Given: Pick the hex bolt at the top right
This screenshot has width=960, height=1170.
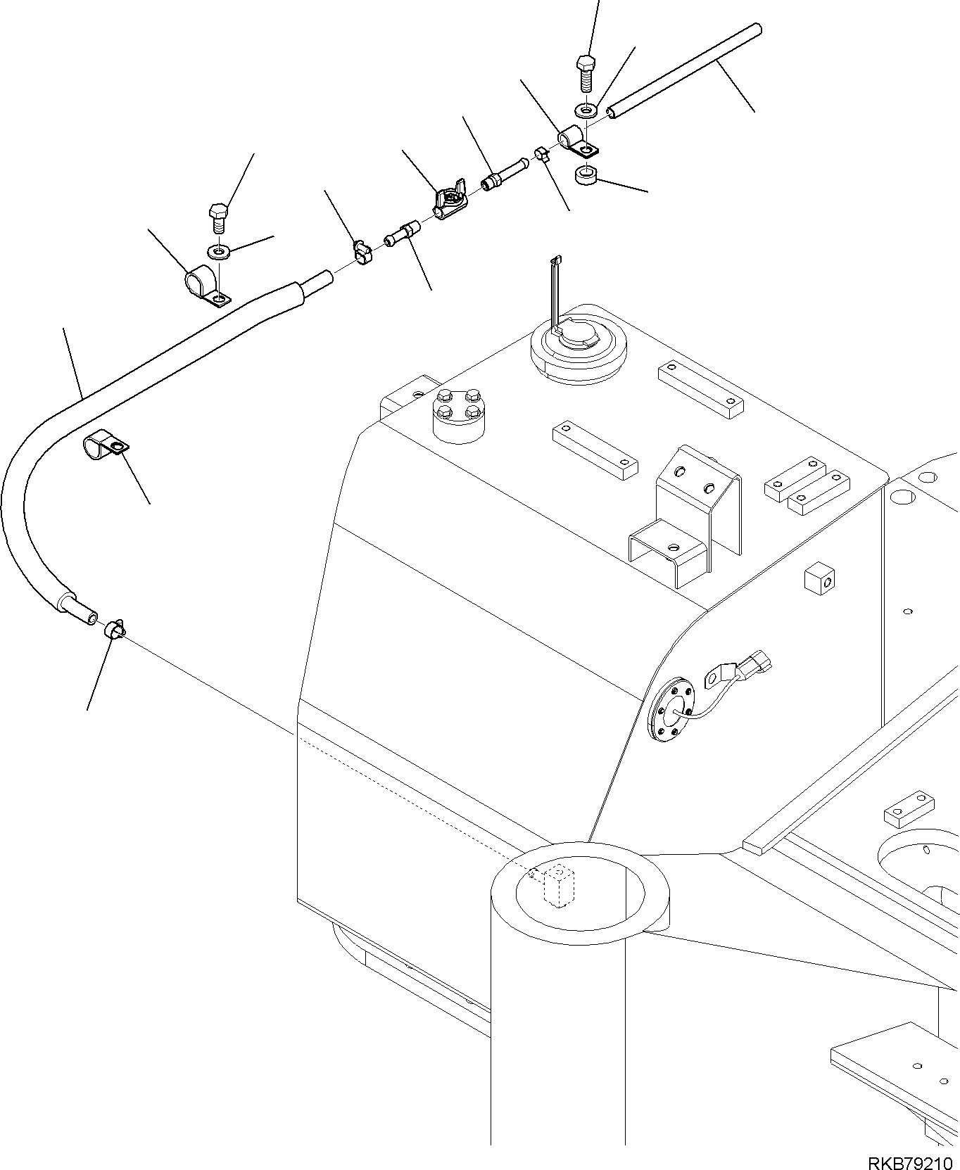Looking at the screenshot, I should (586, 72).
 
